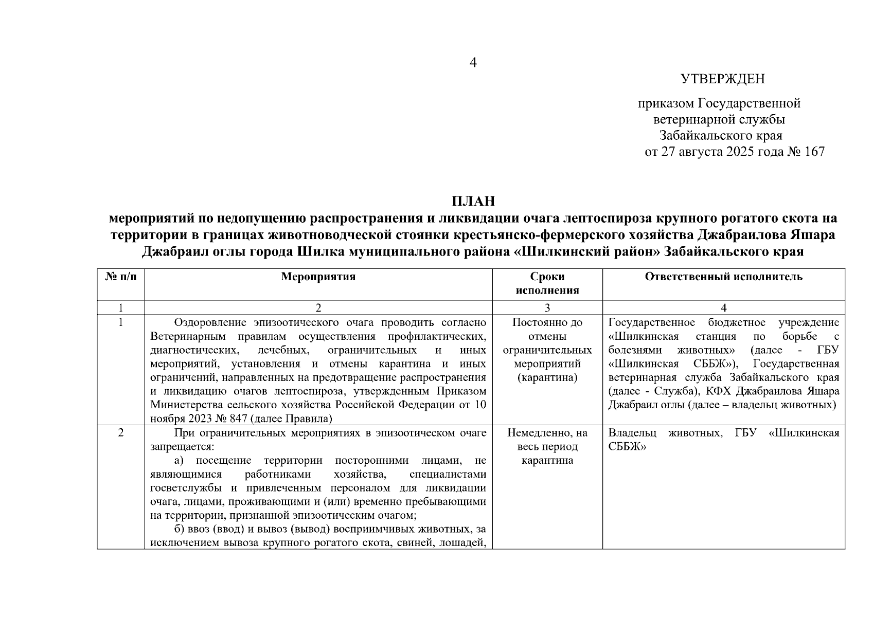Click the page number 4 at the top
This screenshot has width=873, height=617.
click(x=473, y=63)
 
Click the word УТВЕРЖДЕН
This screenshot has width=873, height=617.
click(x=722, y=79)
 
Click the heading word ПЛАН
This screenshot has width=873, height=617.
click(x=473, y=201)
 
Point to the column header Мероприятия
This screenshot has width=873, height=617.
click(x=318, y=277)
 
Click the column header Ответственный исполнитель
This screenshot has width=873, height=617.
click(x=723, y=277)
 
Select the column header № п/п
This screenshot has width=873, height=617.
click(x=121, y=277)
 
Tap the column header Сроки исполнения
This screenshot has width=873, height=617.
click(x=547, y=283)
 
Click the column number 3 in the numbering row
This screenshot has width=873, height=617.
click(x=547, y=307)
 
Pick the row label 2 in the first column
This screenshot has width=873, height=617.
click(x=121, y=433)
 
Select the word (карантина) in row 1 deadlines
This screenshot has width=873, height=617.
click(x=547, y=377)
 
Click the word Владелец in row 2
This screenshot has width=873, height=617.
click(x=629, y=433)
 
